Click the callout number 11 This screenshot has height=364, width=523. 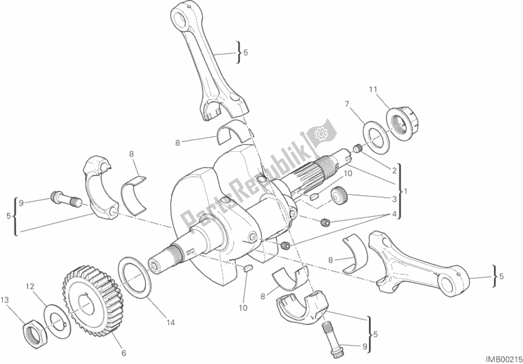point(373,90)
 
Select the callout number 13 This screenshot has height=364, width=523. point(5,300)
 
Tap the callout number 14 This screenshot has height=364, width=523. point(170,323)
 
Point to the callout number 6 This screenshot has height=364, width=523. point(124,353)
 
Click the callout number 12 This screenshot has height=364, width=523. point(30,286)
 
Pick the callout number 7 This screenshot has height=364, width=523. point(347,104)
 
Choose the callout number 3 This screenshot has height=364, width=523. point(394,199)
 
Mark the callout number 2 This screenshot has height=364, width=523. point(394,171)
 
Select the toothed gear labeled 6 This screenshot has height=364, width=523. point(93,300)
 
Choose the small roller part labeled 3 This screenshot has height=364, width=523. point(339,196)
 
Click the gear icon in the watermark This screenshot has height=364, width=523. point(321,134)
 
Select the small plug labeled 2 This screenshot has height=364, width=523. point(357,149)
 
